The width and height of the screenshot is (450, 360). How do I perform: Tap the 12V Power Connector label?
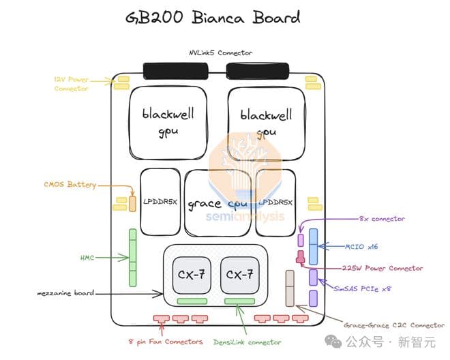[x=72, y=84]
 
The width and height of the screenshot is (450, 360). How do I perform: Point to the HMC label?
[x=88, y=258]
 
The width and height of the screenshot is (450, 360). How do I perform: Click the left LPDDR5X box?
[x=160, y=202]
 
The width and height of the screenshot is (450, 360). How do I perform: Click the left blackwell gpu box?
[x=168, y=123]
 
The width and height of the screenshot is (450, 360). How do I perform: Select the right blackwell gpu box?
[x=266, y=123]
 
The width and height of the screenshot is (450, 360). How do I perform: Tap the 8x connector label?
[x=382, y=219]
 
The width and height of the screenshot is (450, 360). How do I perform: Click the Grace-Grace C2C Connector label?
[x=394, y=325]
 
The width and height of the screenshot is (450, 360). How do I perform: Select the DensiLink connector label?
[x=247, y=342]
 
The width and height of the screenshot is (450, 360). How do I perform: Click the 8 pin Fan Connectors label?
[x=166, y=342]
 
